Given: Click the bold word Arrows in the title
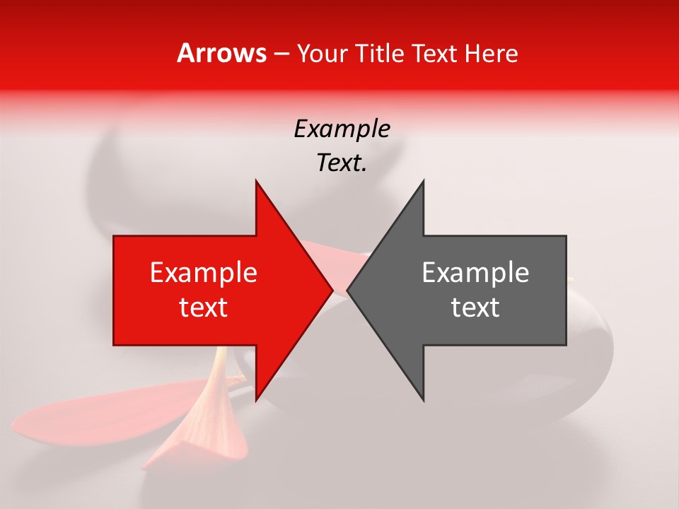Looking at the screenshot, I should click(x=221, y=54).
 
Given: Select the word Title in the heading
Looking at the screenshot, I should click(x=382, y=54).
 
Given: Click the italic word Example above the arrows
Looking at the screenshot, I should click(x=342, y=129).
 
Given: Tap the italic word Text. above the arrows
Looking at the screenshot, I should click(x=342, y=163).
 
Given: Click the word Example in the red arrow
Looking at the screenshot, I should click(x=204, y=273).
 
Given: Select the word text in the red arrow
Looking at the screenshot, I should click(x=204, y=308).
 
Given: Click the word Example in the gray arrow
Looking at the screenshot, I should click(x=475, y=273).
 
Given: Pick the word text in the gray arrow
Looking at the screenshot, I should click(x=475, y=308).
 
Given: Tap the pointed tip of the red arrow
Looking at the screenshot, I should click(x=331, y=290).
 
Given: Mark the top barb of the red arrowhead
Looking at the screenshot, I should click(x=257, y=185).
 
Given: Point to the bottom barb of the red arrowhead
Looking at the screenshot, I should click(x=257, y=396).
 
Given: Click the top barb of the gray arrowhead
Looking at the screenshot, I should click(x=422, y=185).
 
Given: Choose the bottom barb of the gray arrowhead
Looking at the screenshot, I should click(x=422, y=396).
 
